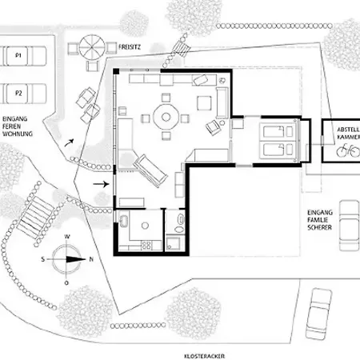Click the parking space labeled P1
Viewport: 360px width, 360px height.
pyautogui.click(x=23, y=56)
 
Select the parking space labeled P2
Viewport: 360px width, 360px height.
pyautogui.click(x=23, y=94)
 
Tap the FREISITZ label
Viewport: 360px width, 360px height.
pyautogui.click(x=130, y=47)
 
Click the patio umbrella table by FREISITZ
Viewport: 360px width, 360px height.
pyautogui.click(x=92, y=47)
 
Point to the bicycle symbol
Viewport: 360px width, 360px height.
pyautogui.click(x=348, y=150)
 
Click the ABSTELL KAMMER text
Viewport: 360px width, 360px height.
pyautogui.click(x=349, y=133)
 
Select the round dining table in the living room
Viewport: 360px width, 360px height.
pyautogui.click(x=166, y=117)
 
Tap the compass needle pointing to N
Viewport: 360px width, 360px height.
pyautogui.click(x=76, y=259)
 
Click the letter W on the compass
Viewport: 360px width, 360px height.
pyautogui.click(x=67, y=237)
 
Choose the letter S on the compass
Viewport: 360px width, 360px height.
pyautogui.click(x=43, y=259)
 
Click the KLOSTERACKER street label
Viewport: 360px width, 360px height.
pyautogui.click(x=205, y=356)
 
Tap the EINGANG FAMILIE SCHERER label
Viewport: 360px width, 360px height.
pyautogui.click(x=320, y=220)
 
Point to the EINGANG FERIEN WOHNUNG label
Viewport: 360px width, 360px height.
pyautogui.click(x=18, y=126)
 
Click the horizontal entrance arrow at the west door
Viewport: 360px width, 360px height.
pyautogui.click(x=101, y=184)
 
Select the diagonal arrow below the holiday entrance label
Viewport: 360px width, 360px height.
pyautogui.click(x=69, y=143)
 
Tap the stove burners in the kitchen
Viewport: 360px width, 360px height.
pyautogui.click(x=146, y=245)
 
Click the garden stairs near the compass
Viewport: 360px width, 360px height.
pyautogui.click(x=35, y=217)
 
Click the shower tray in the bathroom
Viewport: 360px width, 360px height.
pyautogui.click(x=174, y=243)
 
